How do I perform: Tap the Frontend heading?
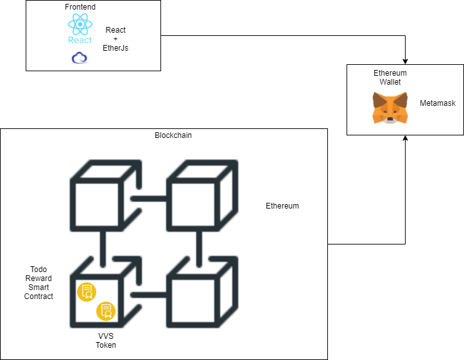coord(80,6)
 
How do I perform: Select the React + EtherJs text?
coord(116,39)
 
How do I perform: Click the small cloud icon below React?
coord(80,58)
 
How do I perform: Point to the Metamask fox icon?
coord(389,108)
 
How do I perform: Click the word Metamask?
coord(438,103)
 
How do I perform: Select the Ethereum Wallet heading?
coord(390,78)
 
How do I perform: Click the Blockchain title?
coord(173,135)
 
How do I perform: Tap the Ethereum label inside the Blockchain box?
coord(282,206)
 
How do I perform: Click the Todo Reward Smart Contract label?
coord(39,283)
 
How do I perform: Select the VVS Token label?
coord(106,340)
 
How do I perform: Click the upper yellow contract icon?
coord(87,292)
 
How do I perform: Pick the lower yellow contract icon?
coord(105,311)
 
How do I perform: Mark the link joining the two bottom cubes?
coord(150,295)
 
